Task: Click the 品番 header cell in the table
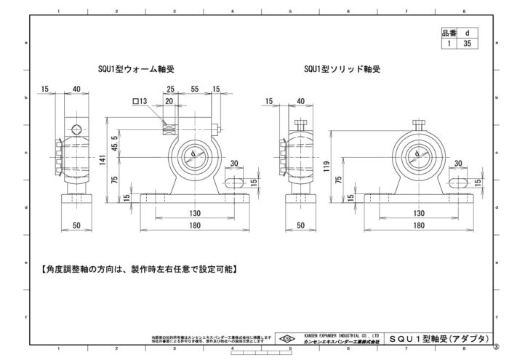[449, 33]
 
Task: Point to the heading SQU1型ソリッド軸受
[342, 69]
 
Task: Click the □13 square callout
[140, 101]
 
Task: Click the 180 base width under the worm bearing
[195, 225]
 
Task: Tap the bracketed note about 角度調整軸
[140, 268]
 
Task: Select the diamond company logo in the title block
[288, 338]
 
